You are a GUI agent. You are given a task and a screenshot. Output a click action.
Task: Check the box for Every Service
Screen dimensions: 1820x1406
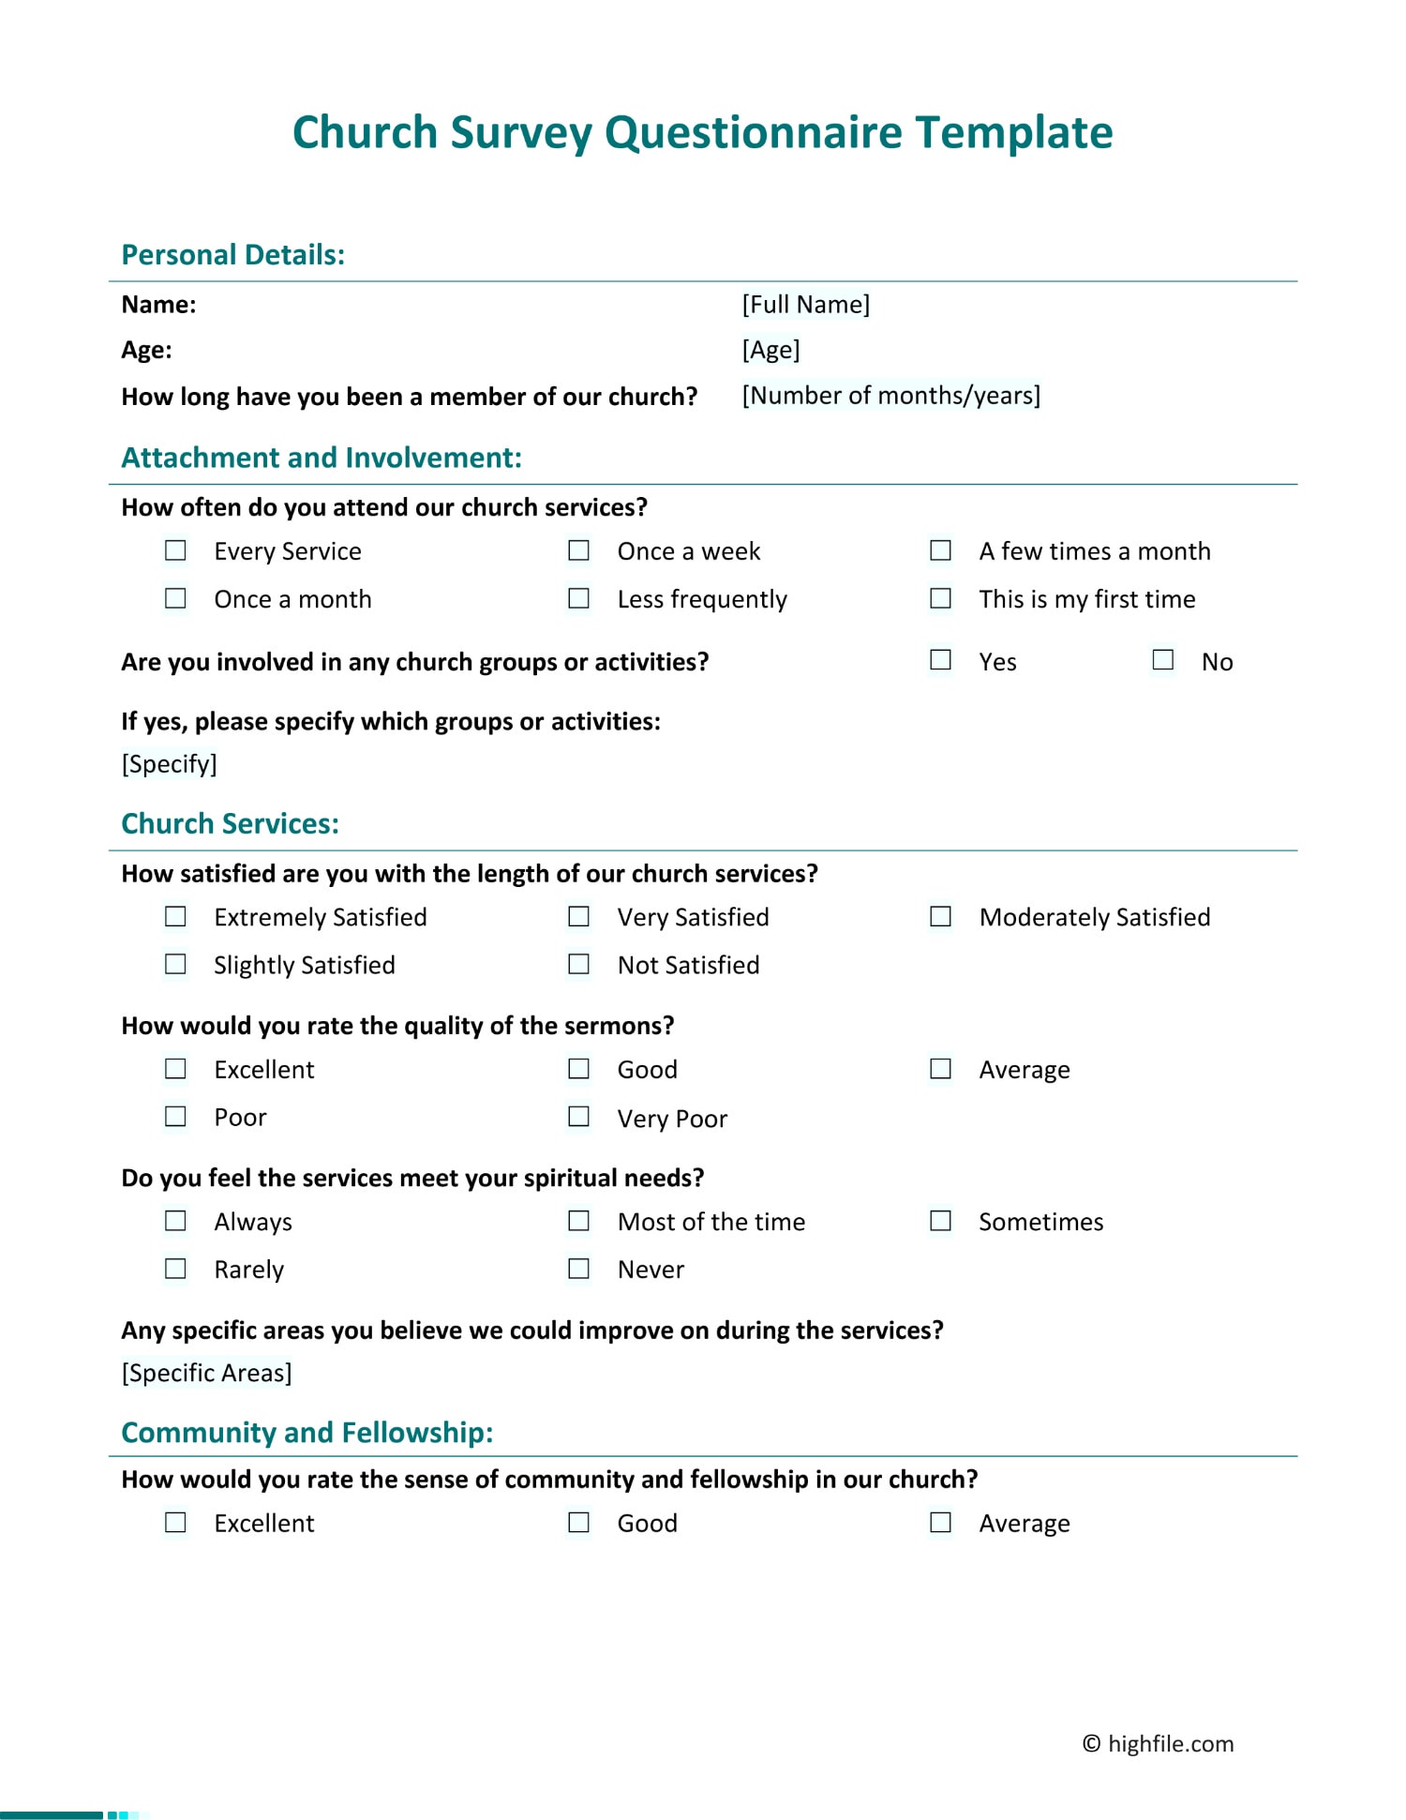tap(175, 550)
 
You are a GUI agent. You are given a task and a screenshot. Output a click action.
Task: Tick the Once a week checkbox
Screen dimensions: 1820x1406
tap(579, 550)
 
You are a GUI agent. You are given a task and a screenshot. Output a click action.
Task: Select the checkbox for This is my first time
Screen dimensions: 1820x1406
tap(940, 598)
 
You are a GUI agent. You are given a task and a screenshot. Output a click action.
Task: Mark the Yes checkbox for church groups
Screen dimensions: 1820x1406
tap(940, 660)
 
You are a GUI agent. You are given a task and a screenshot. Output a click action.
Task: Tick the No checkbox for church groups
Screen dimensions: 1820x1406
tap(1163, 660)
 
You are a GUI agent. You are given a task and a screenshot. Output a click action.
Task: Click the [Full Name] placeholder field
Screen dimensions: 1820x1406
tap(805, 305)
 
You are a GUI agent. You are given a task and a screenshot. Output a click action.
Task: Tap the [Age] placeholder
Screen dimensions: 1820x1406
tap(770, 350)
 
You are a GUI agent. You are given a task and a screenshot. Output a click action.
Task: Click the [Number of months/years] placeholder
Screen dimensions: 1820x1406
tap(890, 396)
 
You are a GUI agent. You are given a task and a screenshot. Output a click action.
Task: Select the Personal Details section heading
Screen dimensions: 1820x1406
tap(233, 255)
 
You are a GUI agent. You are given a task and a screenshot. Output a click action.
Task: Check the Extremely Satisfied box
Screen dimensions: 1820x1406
tap(175, 916)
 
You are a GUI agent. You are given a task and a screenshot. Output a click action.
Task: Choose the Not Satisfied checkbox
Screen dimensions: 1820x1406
tap(579, 964)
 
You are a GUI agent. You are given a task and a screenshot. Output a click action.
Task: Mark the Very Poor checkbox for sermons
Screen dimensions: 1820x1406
tap(579, 1117)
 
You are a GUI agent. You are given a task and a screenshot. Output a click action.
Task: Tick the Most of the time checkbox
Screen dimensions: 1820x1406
tap(579, 1221)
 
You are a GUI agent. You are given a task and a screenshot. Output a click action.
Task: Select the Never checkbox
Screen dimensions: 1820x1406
tap(579, 1269)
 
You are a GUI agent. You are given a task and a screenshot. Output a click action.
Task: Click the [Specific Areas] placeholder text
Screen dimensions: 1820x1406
tap(206, 1373)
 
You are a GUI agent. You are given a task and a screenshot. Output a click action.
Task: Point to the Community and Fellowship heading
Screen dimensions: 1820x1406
tap(307, 1433)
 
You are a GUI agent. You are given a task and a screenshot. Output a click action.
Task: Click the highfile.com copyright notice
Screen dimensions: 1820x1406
tap(1158, 1744)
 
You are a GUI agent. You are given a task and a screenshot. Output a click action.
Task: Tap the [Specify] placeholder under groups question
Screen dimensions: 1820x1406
tap(169, 764)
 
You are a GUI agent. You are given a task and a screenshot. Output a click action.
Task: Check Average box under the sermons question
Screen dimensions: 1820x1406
tap(940, 1069)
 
